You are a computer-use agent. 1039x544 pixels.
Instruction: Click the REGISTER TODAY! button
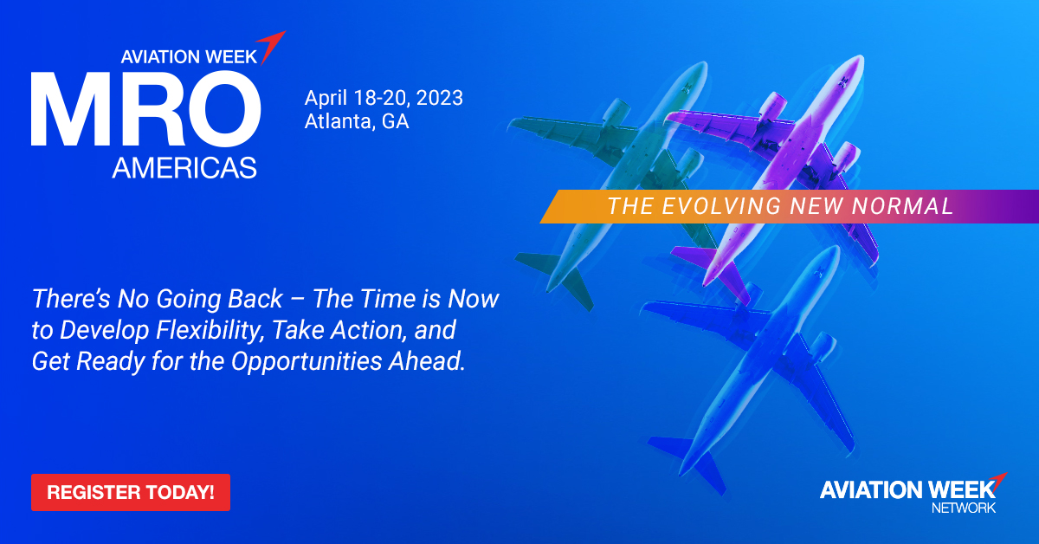pyautogui.click(x=131, y=492)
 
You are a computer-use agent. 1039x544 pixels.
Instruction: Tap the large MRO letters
pyautogui.click(x=145, y=111)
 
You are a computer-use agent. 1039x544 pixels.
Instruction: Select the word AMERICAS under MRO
pyautogui.click(x=184, y=165)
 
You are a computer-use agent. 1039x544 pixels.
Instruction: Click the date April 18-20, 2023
pyautogui.click(x=384, y=98)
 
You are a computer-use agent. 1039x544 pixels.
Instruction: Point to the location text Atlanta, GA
pyautogui.click(x=357, y=121)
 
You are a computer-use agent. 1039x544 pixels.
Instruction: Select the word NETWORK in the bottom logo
pyautogui.click(x=963, y=508)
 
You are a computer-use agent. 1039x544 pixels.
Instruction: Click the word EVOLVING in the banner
pyautogui.click(x=718, y=206)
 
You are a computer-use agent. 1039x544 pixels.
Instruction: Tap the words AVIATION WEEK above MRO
pyautogui.click(x=189, y=56)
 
